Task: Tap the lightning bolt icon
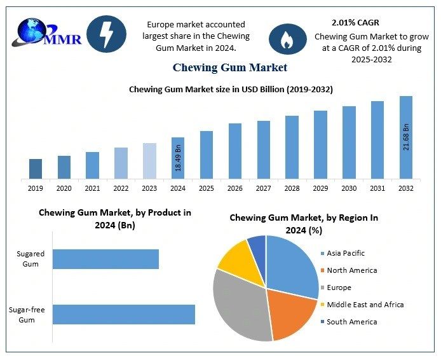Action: [x=105, y=34]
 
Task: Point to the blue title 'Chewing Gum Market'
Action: [x=229, y=67]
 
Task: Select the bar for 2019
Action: [x=36, y=169]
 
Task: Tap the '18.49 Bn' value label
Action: [x=179, y=158]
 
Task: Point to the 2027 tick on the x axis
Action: [x=264, y=188]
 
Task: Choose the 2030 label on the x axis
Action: [x=349, y=188]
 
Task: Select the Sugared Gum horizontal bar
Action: [x=105, y=259]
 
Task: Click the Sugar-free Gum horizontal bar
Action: [x=123, y=315]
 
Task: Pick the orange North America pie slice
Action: [x=291, y=312]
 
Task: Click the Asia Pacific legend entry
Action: [x=346, y=254]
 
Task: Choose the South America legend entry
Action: [x=351, y=322]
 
